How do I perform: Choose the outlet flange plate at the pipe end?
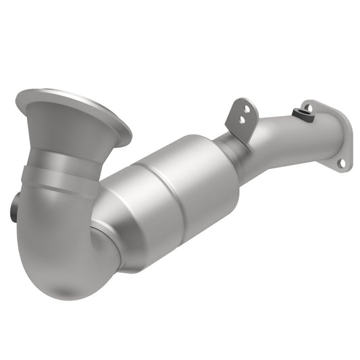(331, 138)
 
